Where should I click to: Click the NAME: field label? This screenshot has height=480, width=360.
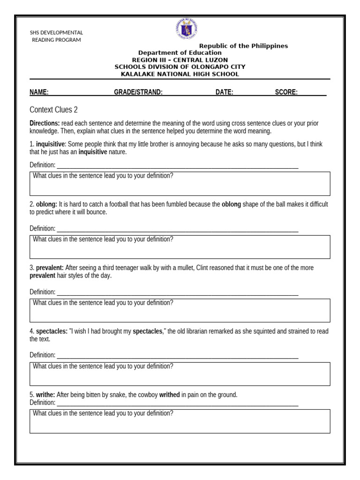(x=39, y=92)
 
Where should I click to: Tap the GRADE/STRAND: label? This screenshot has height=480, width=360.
(x=138, y=92)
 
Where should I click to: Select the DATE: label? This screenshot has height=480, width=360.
(x=224, y=92)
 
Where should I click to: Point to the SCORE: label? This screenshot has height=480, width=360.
(x=286, y=92)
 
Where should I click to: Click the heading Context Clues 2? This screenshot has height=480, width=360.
(x=53, y=110)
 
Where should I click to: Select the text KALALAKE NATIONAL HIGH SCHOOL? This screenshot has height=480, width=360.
(x=180, y=74)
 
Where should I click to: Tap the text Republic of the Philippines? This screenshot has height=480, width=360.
(x=244, y=46)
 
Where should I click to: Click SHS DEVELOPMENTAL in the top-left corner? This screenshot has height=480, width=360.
(x=56, y=33)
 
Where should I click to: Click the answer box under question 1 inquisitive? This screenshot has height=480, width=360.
(x=180, y=184)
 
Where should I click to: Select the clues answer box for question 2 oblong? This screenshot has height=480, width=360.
(x=180, y=247)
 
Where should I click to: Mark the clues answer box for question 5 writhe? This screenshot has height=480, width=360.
(x=180, y=421)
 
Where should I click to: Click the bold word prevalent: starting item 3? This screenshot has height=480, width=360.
(x=50, y=268)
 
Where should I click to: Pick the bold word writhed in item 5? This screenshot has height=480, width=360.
(x=169, y=395)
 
